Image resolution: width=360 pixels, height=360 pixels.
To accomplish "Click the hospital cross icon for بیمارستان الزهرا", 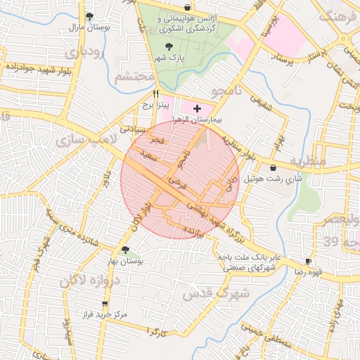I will (x=198, y=109).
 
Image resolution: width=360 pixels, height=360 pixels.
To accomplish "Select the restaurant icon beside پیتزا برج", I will (x=156, y=94).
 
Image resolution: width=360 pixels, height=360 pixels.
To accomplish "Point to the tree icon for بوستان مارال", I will (x=89, y=16).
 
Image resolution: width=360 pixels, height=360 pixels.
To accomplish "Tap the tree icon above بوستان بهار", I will (x=125, y=250).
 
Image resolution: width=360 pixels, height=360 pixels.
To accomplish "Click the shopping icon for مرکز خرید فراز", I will (x=105, y=304).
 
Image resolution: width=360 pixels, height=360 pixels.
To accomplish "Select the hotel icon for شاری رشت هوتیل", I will (x=273, y=167).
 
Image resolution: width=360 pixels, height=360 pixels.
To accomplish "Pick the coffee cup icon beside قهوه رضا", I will (x=308, y=261).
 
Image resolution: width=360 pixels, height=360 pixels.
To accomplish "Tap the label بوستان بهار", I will (x=125, y=261).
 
